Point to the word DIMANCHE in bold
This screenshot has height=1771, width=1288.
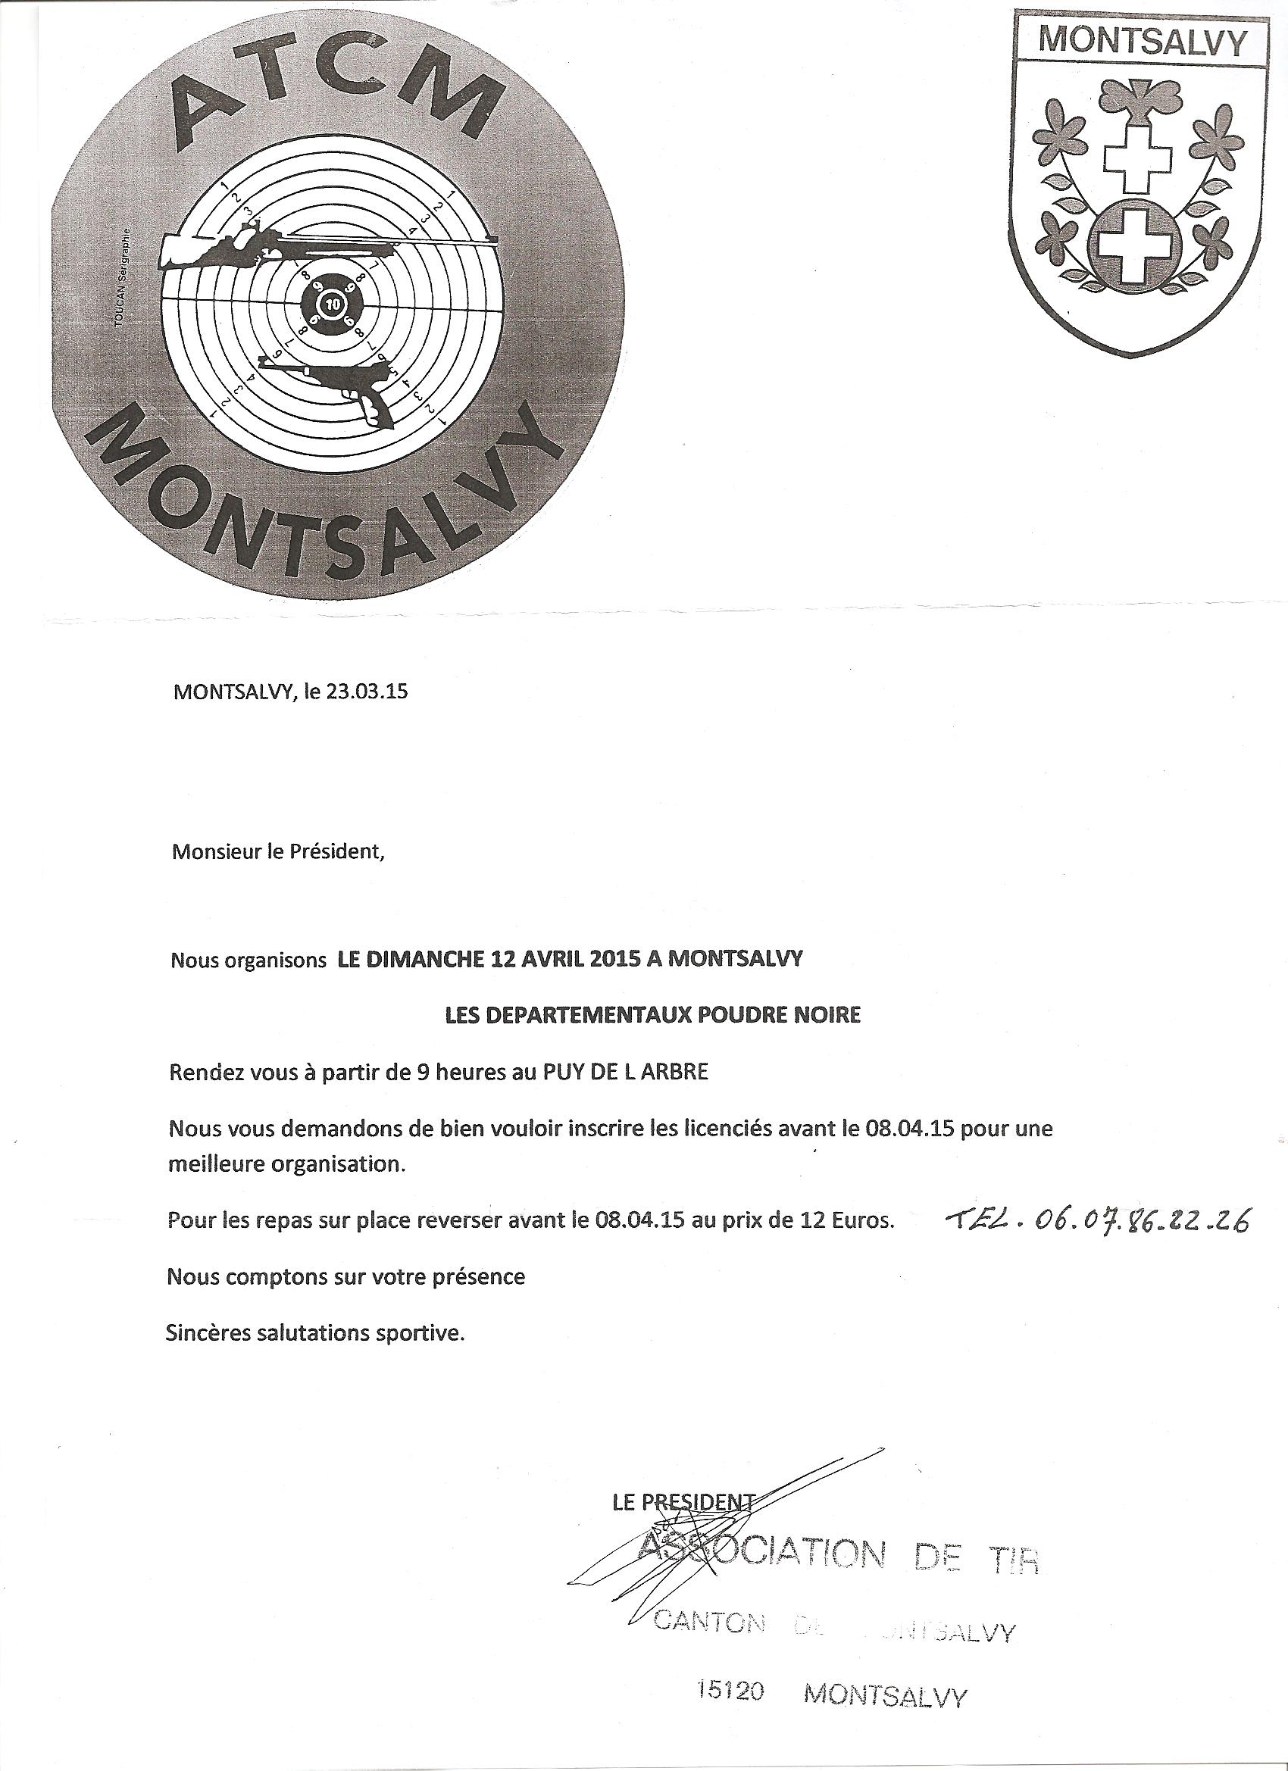pyautogui.click(x=421, y=960)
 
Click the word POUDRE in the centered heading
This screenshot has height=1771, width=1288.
pyautogui.click(x=711, y=1015)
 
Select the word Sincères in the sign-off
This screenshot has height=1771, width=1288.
pyautogui.click(x=202, y=1333)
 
